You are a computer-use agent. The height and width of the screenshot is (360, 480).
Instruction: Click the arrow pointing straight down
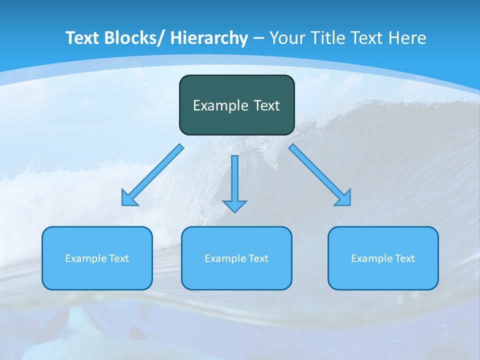tap(235, 182)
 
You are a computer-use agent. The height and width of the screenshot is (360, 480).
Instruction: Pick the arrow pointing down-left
tap(152, 175)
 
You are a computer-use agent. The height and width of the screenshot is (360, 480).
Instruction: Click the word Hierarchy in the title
tap(209, 38)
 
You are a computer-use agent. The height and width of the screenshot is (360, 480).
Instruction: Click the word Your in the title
tap(287, 38)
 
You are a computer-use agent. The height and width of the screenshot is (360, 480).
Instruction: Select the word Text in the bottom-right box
tap(404, 258)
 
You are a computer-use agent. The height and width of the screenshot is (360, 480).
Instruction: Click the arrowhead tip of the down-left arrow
tap(123, 204)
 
